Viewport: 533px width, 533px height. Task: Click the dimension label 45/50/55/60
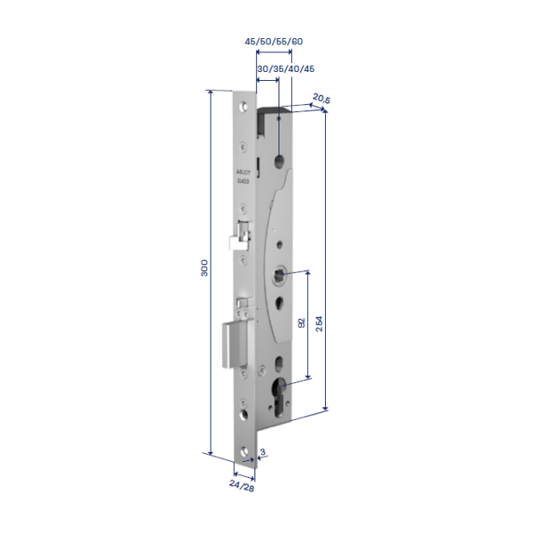point(273,41)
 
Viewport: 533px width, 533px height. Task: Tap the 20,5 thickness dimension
point(321,99)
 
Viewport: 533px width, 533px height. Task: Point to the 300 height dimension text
point(203,269)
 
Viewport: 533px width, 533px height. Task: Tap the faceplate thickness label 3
point(263,452)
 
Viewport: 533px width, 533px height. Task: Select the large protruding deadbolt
point(233,346)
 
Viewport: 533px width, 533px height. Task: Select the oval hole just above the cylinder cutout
point(279,362)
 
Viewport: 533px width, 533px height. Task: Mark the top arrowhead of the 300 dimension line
point(211,92)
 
